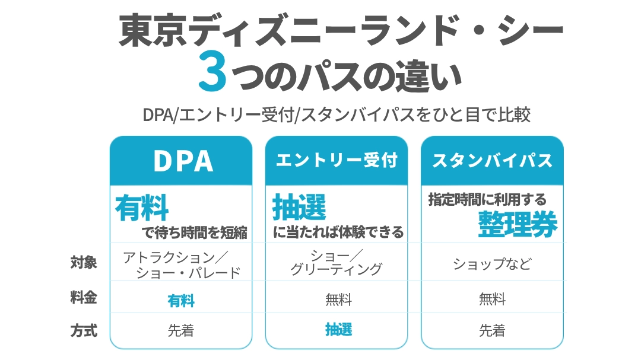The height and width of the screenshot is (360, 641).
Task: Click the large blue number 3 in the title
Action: pos(212,71)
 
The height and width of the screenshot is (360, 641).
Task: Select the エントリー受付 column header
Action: pos(337,161)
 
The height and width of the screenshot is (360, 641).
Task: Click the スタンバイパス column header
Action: pos(492,161)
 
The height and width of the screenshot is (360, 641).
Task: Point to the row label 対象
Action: pos(84,262)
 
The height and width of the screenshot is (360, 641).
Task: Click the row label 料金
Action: pos(84,297)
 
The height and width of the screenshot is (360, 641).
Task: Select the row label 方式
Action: pos(84,330)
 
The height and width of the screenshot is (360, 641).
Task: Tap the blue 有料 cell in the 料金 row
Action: pos(181,301)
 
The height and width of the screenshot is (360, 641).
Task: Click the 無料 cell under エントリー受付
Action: pos(338,300)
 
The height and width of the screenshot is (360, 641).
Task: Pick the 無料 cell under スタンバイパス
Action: pos(492,299)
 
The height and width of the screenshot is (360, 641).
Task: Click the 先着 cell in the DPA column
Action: pos(180,330)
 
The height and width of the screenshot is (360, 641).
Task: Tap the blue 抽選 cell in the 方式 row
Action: pos(338,329)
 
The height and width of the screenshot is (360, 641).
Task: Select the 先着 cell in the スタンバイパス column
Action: pos(492,330)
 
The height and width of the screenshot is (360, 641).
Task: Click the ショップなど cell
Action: pos(492,263)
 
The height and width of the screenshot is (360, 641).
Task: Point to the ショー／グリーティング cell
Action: pos(337,262)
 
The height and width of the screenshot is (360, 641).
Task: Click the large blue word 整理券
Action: pos(518,224)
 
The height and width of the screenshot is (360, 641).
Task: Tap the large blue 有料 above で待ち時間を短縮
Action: pos(142,208)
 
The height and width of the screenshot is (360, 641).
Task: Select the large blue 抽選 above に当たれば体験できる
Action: pos(299,207)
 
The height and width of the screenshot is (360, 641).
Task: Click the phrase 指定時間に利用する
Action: pos(487,199)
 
